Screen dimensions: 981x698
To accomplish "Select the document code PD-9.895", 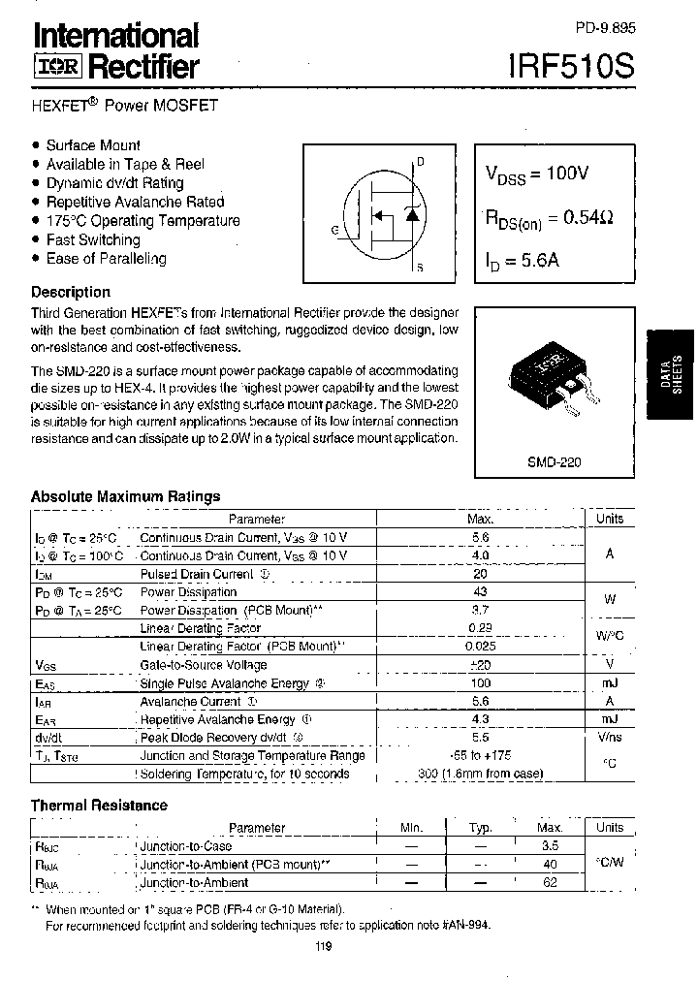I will (605, 30).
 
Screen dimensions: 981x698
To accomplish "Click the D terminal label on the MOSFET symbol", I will (421, 161).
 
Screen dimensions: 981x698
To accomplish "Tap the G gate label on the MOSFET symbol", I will (334, 230).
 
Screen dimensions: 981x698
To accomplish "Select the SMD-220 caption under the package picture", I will (554, 462).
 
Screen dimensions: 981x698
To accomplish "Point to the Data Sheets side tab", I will (668, 373).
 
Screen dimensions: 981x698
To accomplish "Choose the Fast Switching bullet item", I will (93, 239).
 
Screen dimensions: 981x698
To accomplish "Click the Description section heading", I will (71, 292).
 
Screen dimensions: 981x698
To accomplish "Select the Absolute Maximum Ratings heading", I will (125, 496).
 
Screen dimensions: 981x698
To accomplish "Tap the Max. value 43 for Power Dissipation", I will (480, 591).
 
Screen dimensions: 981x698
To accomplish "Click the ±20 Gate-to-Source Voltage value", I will (480, 665).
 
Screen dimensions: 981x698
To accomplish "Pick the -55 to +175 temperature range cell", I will (480, 756).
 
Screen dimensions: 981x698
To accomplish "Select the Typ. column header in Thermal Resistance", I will (481, 828).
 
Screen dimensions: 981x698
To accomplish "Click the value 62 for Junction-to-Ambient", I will (550, 882).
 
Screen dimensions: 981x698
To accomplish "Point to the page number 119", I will (323, 947).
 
